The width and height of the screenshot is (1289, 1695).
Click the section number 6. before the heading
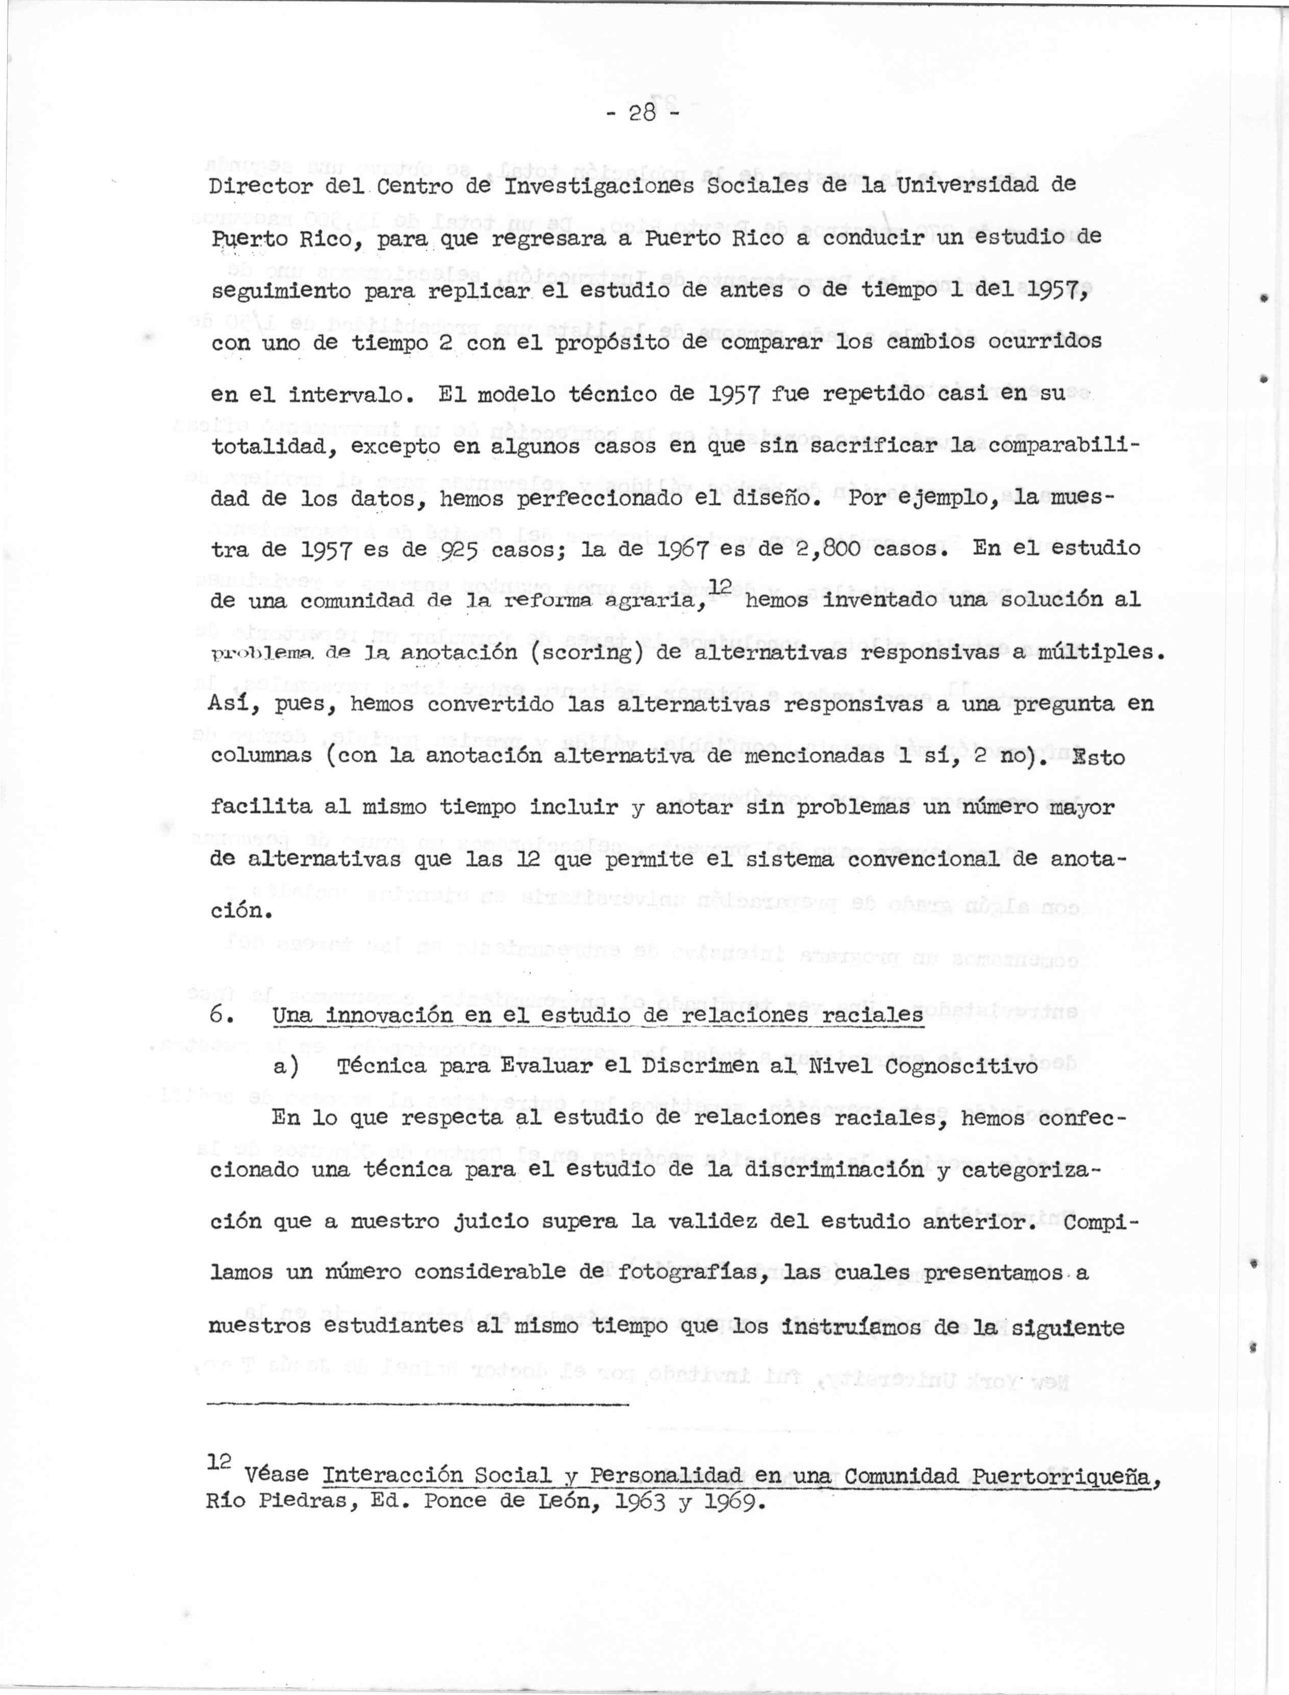click(218, 1014)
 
